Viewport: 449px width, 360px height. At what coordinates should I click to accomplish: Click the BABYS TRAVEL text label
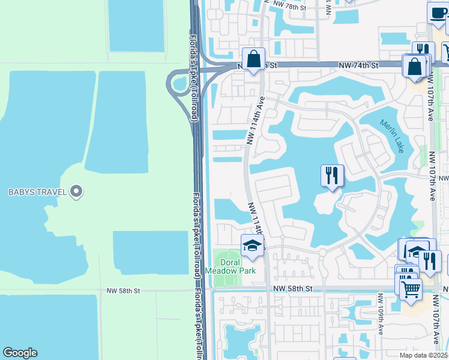[36, 193]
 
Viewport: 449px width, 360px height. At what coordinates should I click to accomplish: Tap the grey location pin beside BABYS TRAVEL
[76, 192]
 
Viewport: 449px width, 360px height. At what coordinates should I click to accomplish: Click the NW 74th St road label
[358, 65]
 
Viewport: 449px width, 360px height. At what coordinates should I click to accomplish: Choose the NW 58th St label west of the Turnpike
[123, 290]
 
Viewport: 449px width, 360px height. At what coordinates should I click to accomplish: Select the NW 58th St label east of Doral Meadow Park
[293, 289]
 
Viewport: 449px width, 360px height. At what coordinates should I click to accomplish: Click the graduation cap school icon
[252, 245]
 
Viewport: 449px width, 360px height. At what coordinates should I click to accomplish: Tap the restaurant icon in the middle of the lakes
[332, 175]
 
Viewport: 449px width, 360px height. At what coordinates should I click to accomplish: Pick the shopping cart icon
[411, 289]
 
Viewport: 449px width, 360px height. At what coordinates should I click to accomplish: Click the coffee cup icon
[438, 12]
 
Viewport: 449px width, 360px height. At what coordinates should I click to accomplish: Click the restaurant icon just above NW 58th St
[430, 261]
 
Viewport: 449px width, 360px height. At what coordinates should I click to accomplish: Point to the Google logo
[20, 353]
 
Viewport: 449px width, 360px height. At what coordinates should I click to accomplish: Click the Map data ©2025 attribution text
[422, 355]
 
